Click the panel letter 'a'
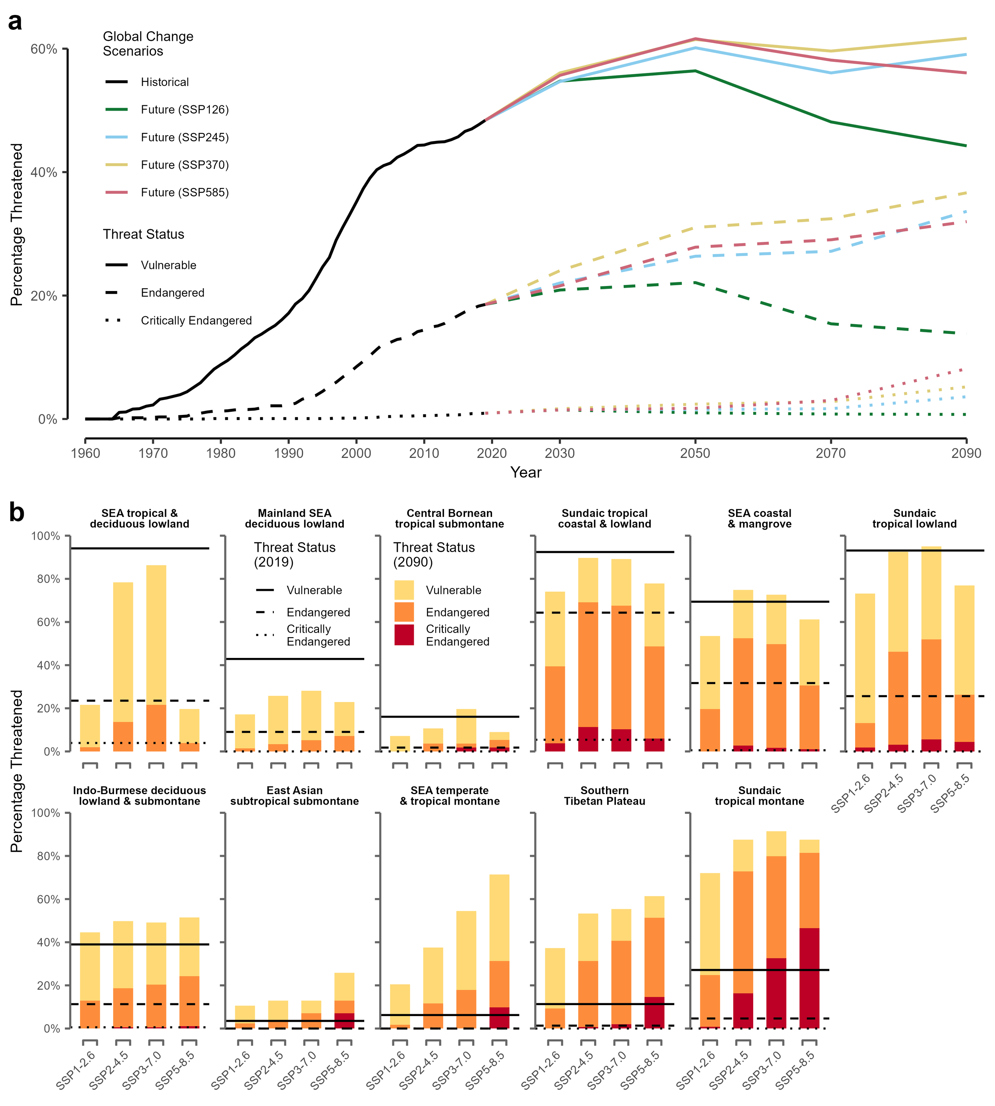15,22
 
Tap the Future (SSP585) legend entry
184,192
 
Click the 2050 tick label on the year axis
695,453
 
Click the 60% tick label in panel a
44,49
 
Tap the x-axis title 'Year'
526,472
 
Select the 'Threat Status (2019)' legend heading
294,554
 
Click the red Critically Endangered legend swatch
404,635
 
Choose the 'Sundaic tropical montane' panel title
759,796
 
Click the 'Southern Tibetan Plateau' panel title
605,796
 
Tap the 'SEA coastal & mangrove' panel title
759,518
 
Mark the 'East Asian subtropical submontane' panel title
294,796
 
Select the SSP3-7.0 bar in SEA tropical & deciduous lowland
156,658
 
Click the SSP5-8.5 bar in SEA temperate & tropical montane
499,951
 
